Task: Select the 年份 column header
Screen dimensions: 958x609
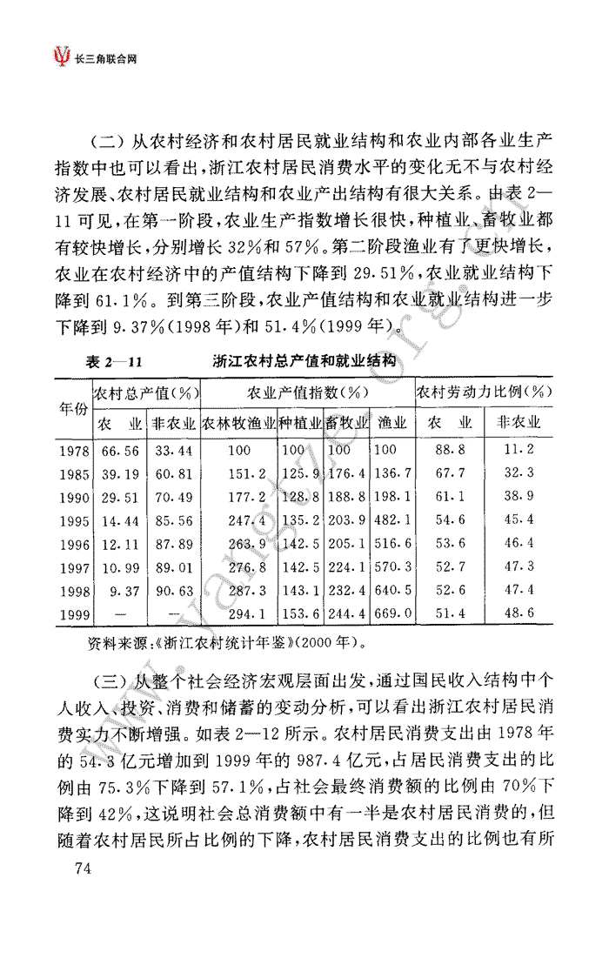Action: click(x=73, y=407)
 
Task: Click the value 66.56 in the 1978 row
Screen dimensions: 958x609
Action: click(x=120, y=451)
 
